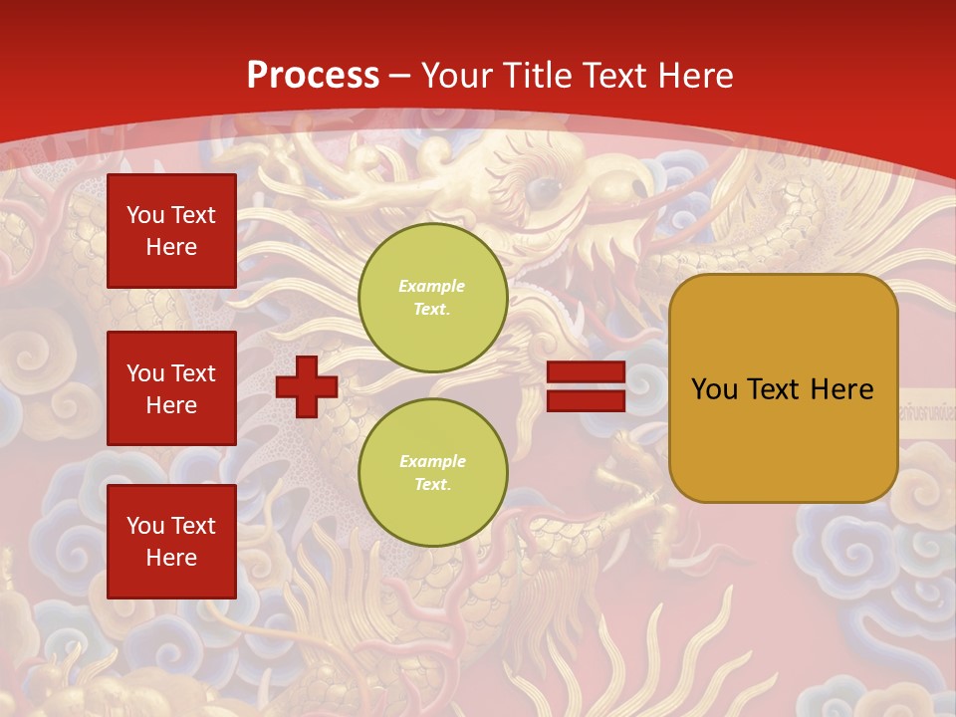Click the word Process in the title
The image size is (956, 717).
tap(313, 76)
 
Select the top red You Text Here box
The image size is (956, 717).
tap(171, 231)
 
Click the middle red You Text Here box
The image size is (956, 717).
tap(171, 388)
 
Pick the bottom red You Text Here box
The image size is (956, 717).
tap(171, 541)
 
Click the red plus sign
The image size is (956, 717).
tap(307, 386)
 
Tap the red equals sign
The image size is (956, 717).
tap(586, 386)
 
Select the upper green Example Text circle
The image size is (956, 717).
tap(432, 298)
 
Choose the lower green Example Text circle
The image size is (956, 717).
tap(432, 473)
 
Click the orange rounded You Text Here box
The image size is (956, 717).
tap(783, 388)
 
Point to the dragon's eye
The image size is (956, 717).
tap(543, 189)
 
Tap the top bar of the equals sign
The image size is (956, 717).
tap(586, 372)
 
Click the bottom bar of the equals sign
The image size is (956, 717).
tap(586, 400)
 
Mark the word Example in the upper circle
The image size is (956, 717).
tap(431, 286)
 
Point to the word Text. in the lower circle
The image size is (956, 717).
tap(432, 485)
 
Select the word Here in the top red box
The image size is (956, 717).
tap(171, 247)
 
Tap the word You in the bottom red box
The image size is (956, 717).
tap(145, 526)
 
